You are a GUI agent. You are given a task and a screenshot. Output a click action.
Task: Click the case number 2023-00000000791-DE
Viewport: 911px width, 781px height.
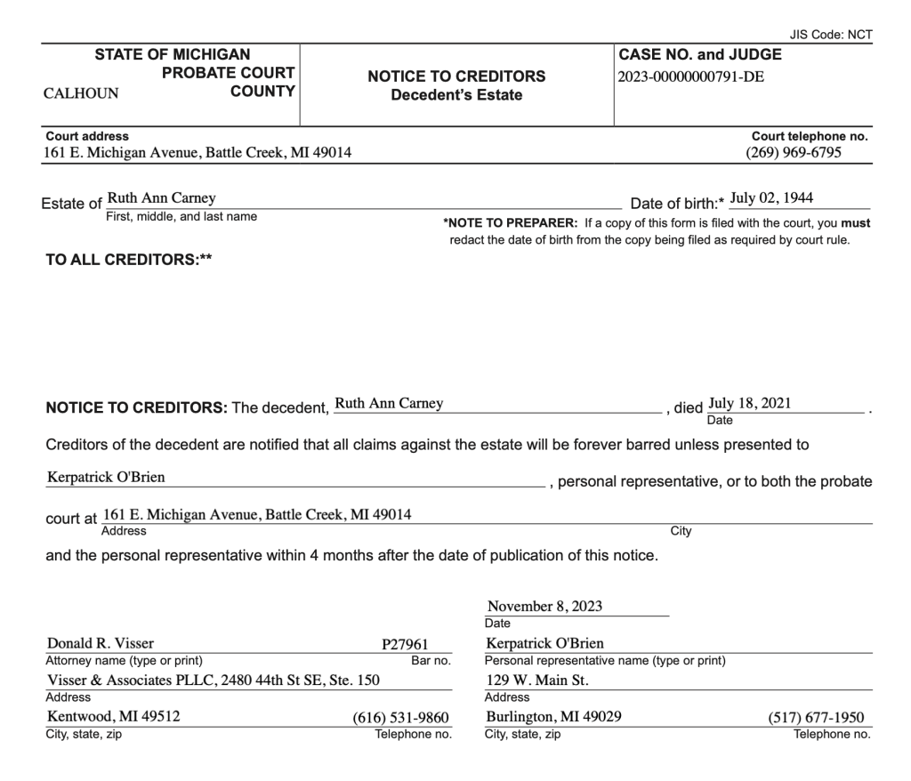(690, 76)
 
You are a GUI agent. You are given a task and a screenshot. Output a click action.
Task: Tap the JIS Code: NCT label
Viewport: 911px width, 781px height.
(831, 34)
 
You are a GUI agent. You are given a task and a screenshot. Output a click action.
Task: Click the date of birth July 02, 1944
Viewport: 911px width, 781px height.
(771, 197)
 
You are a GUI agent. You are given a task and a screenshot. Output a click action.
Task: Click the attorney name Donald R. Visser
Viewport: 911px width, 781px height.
(102, 644)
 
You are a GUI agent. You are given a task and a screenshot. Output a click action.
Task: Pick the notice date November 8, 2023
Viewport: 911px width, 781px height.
(544, 607)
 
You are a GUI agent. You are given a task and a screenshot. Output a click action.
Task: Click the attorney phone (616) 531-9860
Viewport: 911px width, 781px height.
(406, 718)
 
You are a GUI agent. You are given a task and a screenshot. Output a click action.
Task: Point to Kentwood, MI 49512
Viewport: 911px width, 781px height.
(113, 717)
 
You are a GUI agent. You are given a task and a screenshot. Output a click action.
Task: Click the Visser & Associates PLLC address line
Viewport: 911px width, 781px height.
(213, 680)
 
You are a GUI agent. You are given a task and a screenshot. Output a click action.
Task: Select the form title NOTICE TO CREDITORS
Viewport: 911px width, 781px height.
(456, 76)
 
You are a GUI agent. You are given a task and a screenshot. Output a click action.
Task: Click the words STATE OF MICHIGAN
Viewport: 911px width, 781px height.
(173, 54)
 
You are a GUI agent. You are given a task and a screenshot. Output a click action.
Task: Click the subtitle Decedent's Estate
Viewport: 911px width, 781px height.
(456, 95)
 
